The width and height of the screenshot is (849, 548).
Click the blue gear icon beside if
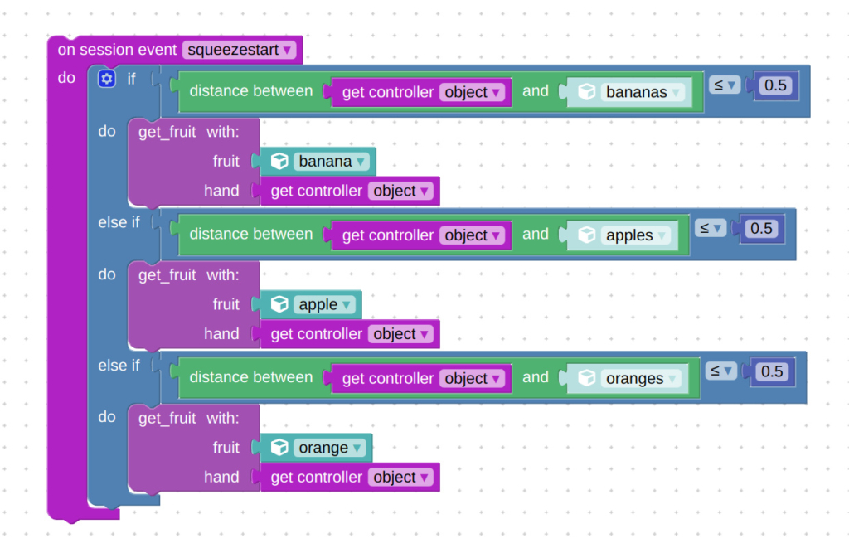click(106, 79)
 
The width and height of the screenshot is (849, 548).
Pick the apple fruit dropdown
click(324, 305)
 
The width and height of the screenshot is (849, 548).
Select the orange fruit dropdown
click(330, 449)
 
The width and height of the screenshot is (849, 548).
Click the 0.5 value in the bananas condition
click(775, 85)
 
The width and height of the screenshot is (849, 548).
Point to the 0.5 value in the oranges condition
click(772, 371)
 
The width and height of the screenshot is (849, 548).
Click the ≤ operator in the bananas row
click(724, 84)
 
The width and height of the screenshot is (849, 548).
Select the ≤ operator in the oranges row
click(720, 371)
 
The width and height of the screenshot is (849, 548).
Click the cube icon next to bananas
click(587, 92)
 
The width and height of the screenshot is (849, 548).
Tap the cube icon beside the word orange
click(280, 448)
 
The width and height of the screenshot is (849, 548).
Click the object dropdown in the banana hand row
click(401, 191)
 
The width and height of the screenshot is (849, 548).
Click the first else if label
click(119, 222)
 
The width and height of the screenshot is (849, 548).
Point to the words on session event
click(117, 50)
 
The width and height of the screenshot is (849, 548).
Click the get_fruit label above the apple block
click(167, 274)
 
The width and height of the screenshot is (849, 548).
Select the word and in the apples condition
click(536, 235)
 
